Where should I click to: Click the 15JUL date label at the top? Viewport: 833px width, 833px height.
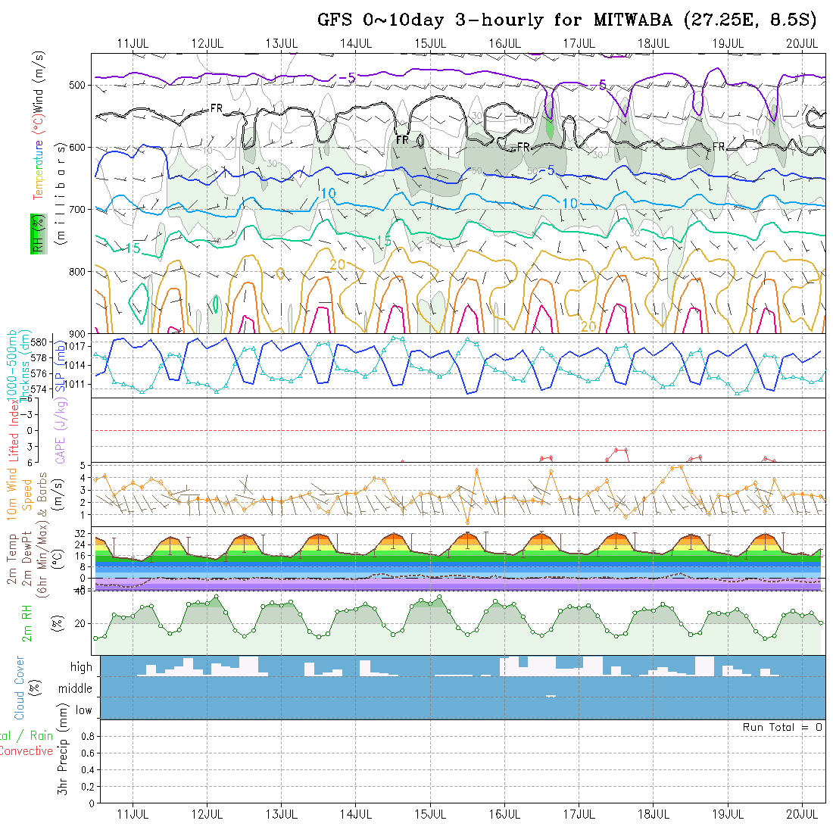click(430, 43)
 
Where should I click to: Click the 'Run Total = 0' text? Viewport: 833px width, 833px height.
click(782, 727)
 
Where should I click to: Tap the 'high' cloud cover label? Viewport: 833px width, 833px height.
click(81, 667)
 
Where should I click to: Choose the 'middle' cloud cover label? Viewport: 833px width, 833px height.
click(75, 689)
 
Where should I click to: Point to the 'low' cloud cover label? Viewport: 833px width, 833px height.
click(83, 710)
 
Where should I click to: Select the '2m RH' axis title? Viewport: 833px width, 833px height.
click(27, 622)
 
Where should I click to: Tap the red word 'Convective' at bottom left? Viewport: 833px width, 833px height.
click(26, 751)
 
